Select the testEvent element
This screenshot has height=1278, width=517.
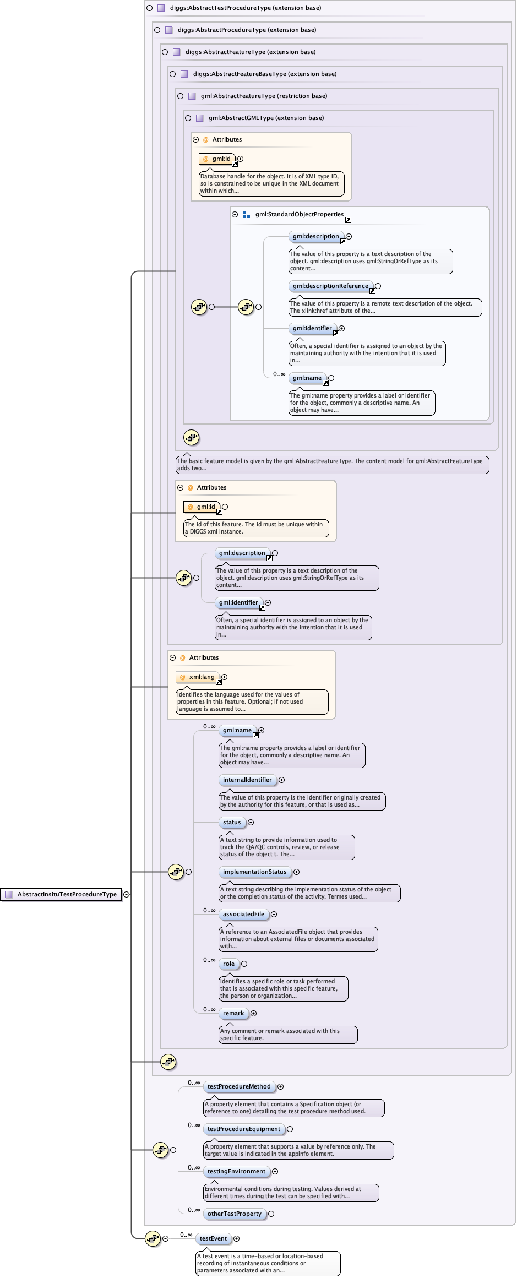pyautogui.click(x=213, y=1238)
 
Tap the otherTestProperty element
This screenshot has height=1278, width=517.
pyautogui.click(x=234, y=1214)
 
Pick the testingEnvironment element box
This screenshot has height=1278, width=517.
pyautogui.click(x=236, y=1171)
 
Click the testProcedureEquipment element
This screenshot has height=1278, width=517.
pyautogui.click(x=243, y=1129)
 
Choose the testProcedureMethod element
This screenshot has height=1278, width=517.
pyautogui.click(x=239, y=1086)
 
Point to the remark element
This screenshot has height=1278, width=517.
pyautogui.click(x=233, y=1013)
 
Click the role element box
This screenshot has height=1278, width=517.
pyautogui.click(x=228, y=964)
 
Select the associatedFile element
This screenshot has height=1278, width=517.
pyautogui.click(x=243, y=914)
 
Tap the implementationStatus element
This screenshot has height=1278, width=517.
pyautogui.click(x=254, y=872)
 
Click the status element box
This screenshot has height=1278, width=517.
pyautogui.click(x=232, y=822)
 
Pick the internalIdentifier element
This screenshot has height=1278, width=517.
pyautogui.click(x=247, y=780)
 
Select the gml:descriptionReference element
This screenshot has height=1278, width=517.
pyautogui.click(x=330, y=286)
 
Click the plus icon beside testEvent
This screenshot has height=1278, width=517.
pyautogui.click(x=237, y=1238)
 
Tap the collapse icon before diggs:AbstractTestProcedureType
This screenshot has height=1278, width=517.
pyautogui.click(x=149, y=8)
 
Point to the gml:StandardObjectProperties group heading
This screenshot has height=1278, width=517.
pyautogui.click(x=299, y=214)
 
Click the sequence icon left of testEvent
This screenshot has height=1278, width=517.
pyautogui.click(x=153, y=1238)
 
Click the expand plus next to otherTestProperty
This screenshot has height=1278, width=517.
pyautogui.click(x=271, y=1214)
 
